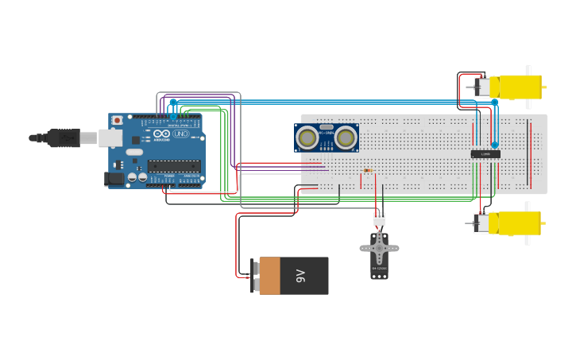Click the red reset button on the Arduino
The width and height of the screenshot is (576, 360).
tap(118, 121)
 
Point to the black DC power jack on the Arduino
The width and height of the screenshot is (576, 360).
tap(116, 180)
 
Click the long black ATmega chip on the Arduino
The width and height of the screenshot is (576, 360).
tap(173, 166)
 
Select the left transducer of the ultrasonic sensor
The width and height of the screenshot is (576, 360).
tap(307, 138)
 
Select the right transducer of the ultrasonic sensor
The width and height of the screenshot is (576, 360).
tap(346, 138)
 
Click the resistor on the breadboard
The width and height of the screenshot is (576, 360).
tap(367, 170)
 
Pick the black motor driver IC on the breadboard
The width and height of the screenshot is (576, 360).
tap(485, 153)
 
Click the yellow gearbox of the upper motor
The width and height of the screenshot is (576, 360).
tap(516, 87)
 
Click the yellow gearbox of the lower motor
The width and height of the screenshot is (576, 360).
tap(516, 223)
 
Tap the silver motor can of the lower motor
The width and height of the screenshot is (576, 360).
tap(481, 223)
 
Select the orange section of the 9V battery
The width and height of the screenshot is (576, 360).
tap(269, 276)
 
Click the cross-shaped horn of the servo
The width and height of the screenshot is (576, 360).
tap(379, 248)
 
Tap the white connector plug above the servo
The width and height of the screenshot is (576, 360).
tap(379, 219)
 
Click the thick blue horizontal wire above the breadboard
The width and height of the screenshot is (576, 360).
tap(358, 102)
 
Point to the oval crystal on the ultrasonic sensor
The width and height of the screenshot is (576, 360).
tap(326, 127)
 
